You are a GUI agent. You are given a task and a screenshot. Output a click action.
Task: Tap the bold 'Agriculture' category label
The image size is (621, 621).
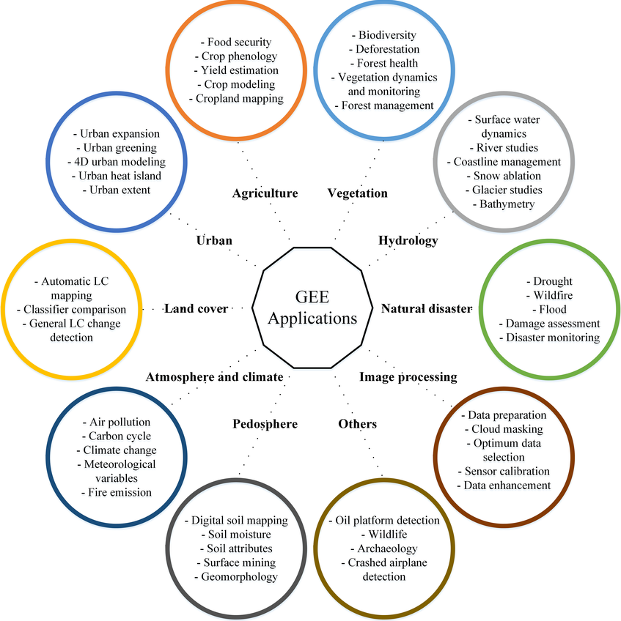(265, 193)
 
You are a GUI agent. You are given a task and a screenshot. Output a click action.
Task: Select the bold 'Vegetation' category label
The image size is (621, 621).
(357, 193)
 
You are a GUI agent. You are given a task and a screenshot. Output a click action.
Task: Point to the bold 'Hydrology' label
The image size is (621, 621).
(408, 240)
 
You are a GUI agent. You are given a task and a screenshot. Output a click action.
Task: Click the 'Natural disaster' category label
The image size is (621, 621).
(426, 308)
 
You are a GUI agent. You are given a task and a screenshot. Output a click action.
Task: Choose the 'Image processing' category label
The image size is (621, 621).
(408, 376)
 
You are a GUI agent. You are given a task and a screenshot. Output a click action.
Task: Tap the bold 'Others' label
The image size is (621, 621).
(358, 423)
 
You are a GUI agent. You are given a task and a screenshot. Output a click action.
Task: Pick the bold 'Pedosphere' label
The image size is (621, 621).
(265, 423)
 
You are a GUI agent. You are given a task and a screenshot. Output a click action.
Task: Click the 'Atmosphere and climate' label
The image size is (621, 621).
(214, 376)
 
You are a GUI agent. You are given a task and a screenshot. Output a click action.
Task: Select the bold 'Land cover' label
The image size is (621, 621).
(196, 308)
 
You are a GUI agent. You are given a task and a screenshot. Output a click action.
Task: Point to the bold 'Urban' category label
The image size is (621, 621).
(214, 240)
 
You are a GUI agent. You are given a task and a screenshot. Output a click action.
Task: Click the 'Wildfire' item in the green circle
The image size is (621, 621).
(553, 295)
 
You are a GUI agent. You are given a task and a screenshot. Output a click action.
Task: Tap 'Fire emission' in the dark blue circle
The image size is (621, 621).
(119, 492)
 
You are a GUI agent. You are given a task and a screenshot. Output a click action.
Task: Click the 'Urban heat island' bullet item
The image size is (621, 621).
(120, 176)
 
